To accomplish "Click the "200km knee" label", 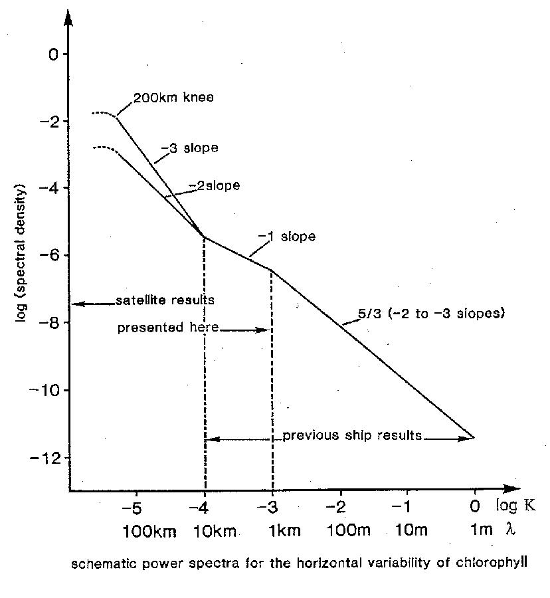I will coord(173,98).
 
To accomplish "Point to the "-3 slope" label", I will coord(189,148).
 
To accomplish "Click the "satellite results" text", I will coord(165,300).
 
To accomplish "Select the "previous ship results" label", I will coord(352,436).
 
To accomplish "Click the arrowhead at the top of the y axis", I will coord(69,16).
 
